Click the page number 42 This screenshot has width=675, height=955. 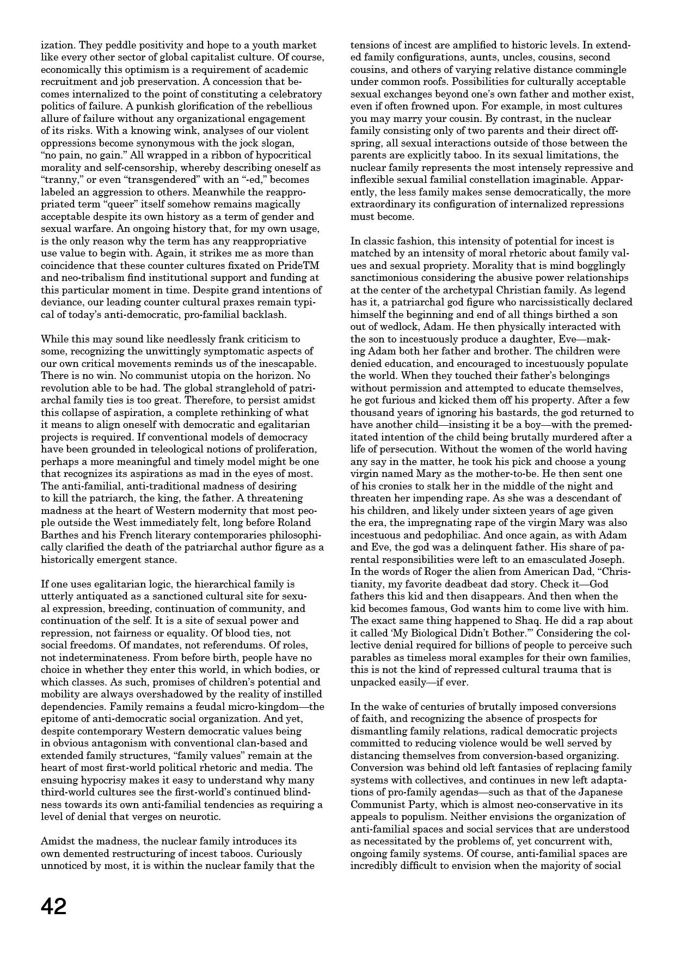coord(53,906)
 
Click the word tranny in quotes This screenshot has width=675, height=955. coord(59,180)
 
